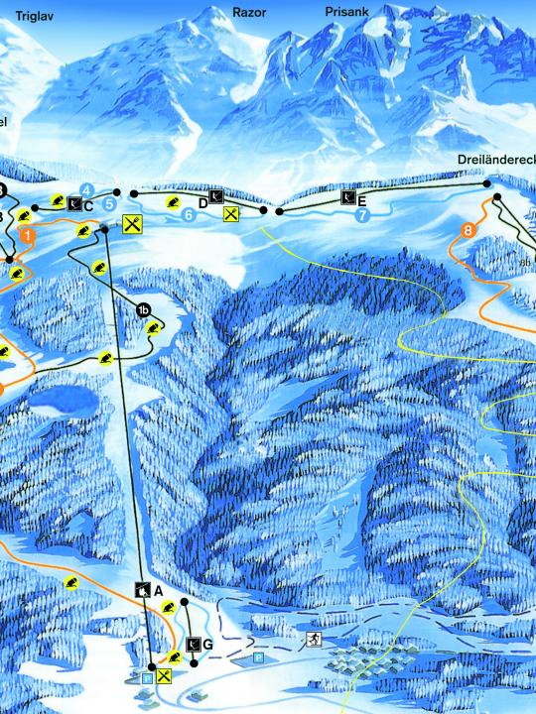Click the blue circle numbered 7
click(x=362, y=214)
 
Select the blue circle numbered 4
click(x=87, y=189)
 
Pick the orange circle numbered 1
click(x=28, y=236)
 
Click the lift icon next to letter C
click(x=75, y=204)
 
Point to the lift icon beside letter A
click(x=144, y=590)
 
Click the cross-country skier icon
click(x=314, y=637)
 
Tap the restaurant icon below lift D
click(x=231, y=213)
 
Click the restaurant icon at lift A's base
click(x=164, y=676)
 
